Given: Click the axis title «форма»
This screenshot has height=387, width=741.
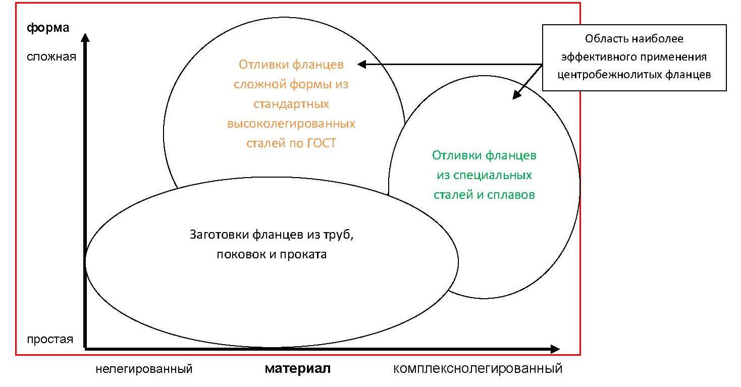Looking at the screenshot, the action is click(48, 28).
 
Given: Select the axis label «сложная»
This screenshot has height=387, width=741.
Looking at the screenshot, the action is click(51, 57).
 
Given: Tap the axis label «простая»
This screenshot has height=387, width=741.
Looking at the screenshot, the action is click(50, 340).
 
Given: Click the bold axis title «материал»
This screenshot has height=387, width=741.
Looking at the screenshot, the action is click(298, 368).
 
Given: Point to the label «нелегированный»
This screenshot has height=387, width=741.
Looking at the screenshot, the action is click(144, 369).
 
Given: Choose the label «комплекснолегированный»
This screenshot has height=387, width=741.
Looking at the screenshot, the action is click(478, 369).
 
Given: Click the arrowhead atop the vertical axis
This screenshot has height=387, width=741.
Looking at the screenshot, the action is click(85, 37).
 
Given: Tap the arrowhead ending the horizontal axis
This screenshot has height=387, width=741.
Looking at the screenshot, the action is click(555, 349).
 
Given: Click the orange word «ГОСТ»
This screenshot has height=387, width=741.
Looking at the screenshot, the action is click(322, 143).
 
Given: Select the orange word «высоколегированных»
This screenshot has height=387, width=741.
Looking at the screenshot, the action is click(291, 124).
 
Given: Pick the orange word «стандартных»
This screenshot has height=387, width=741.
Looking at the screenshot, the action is click(291, 104).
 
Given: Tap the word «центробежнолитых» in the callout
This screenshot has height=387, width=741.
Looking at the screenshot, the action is click(610, 75).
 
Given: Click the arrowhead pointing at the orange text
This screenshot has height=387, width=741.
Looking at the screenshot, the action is click(362, 64).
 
